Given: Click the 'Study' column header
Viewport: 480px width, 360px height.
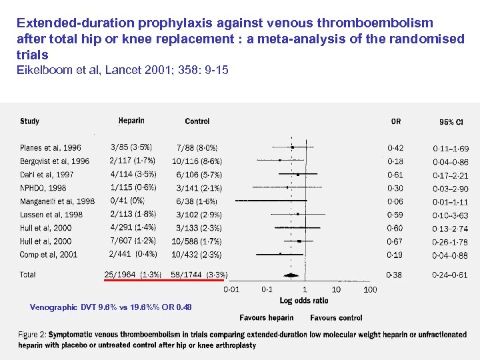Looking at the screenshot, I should coord(30,121).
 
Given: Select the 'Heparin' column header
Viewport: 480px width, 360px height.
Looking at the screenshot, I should coord(131,121).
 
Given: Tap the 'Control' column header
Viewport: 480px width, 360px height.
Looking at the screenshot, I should coord(197,121).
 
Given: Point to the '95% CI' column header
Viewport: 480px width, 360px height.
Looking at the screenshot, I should coord(451,122).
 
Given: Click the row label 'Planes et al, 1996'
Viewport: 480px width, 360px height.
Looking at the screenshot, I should coord(51,148).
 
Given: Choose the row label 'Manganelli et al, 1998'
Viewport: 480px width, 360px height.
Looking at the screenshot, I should coord(57,201).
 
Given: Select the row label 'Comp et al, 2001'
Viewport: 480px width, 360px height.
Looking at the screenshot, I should coord(49,255).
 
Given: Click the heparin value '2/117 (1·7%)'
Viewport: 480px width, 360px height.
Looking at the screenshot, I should coord(132,161).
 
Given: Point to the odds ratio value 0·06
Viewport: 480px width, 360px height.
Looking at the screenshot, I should coord(396,201).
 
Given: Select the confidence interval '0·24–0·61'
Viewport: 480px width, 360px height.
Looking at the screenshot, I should coord(451,275).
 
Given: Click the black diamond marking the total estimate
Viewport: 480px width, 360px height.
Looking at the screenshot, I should coord(291,275).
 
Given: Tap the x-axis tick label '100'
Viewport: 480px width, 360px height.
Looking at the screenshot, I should coord(370,289).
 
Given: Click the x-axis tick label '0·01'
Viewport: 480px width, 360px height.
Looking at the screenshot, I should coord(231,289).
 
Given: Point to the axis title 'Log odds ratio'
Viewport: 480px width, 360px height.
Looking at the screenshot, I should coord(305,301).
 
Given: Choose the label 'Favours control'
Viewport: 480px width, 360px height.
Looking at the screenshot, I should coord(336,318).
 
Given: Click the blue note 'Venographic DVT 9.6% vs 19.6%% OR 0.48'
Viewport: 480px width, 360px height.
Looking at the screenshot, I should coord(111,307).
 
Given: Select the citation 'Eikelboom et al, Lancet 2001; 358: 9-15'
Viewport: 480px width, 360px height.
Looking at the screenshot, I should coord(123,70).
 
